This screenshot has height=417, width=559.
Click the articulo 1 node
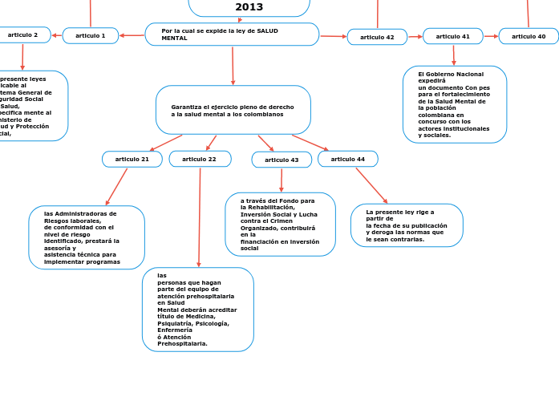pyautogui.click(x=91, y=35)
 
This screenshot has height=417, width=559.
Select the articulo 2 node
pyautogui.click(x=24, y=34)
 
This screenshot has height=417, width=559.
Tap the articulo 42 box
pyautogui.click(x=377, y=37)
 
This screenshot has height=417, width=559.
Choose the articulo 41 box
pyautogui.click(x=453, y=36)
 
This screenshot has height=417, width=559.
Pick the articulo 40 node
pyautogui.click(x=529, y=36)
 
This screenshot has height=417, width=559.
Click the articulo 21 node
pyautogui.click(x=132, y=159)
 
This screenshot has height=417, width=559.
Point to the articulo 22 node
pyautogui.click(x=200, y=159)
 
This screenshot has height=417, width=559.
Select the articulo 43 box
pyautogui.click(x=282, y=160)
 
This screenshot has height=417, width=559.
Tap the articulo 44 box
pyautogui.click(x=348, y=159)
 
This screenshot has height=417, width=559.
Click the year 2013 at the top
pyautogui.click(x=249, y=7)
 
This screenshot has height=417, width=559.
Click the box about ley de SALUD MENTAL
pyautogui.click(x=232, y=34)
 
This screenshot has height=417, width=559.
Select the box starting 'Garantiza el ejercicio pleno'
pyautogui.click(x=233, y=110)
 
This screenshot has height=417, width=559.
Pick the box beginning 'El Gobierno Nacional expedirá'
pyautogui.click(x=455, y=104)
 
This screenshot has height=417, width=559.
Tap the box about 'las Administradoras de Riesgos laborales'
pyautogui.click(x=87, y=237)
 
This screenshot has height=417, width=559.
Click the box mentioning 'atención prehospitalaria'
pyautogui.click(x=198, y=310)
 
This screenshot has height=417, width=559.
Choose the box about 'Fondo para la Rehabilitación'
pyautogui.click(x=281, y=225)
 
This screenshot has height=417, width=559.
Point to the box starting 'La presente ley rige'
pyautogui.click(x=407, y=225)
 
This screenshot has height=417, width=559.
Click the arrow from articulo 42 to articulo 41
pyautogui.click(x=415, y=36)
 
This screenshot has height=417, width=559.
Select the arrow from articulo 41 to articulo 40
pyautogui.click(x=491, y=36)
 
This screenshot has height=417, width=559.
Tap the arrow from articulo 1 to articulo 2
pyautogui.click(x=56, y=35)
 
